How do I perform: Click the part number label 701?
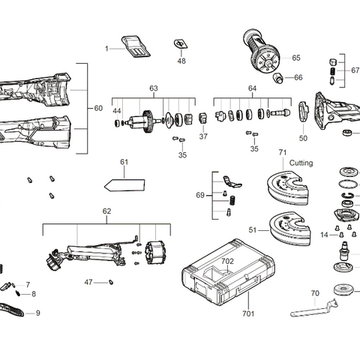pyautogui.click(x=248, y=315)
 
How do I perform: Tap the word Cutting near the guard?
pyautogui.click(x=301, y=163)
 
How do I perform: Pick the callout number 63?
pyautogui.click(x=153, y=88)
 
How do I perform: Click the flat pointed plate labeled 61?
pyautogui.click(x=124, y=183)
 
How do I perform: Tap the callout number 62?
pyautogui.click(x=106, y=212)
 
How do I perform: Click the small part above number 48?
pyautogui.click(x=181, y=44)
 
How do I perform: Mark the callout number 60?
pyautogui.click(x=98, y=109)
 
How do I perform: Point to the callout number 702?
pyautogui.click(x=227, y=261)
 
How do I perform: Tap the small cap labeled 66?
pyautogui.click(x=277, y=77)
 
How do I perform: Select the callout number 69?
pyautogui.click(x=199, y=195)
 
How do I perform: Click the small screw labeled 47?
pyautogui.click(x=109, y=282)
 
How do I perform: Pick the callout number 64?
pyautogui.click(x=253, y=88)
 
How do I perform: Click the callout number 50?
pyautogui.click(x=303, y=138)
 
